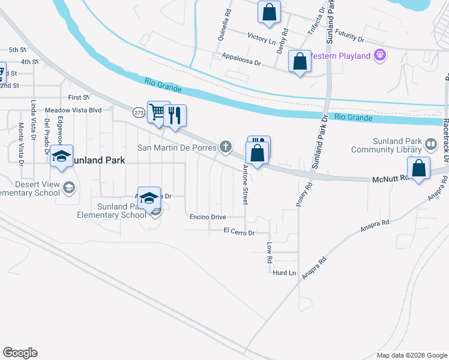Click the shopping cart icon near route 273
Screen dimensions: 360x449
[158, 112]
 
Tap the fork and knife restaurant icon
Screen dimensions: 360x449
[175, 115]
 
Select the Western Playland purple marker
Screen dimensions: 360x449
[379, 56]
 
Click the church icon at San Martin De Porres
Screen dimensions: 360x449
[226, 146]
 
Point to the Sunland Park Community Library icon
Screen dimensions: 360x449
[431, 145]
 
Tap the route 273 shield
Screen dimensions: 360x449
[139, 112]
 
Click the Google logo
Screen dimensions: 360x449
[20, 353]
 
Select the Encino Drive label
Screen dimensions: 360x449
[208, 217]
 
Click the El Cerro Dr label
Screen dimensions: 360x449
[240, 231]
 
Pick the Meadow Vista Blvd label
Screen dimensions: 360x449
[74, 110]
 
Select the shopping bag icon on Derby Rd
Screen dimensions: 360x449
[270, 11]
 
